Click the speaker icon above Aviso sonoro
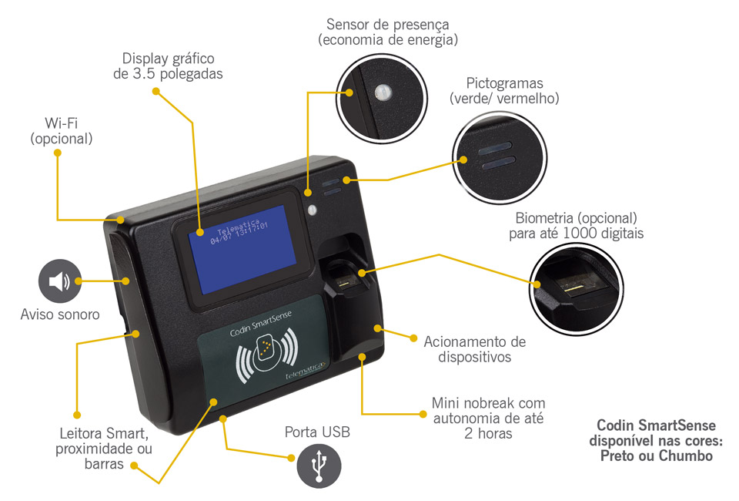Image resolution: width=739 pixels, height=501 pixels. coord(59,282)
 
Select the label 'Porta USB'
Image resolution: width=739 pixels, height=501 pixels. coord(317,432)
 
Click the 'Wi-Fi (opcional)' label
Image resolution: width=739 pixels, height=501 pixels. coord(62,130)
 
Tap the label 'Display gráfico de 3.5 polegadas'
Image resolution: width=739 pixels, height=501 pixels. coord(168,66)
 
